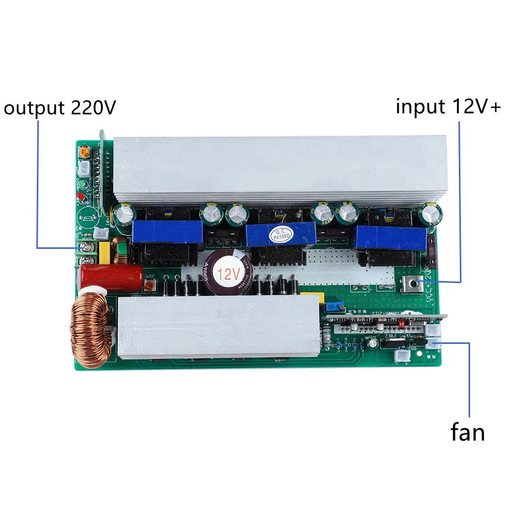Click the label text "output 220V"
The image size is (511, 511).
(x=60, y=108)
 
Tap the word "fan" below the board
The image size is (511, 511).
(x=467, y=432)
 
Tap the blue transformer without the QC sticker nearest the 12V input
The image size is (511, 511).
(x=391, y=237)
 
